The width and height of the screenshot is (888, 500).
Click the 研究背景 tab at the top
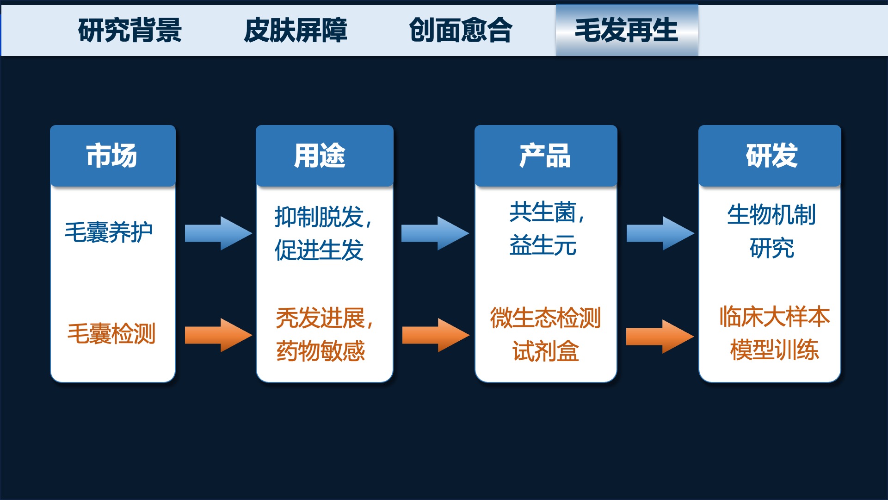click(130, 31)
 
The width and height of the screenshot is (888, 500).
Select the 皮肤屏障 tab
click(296, 31)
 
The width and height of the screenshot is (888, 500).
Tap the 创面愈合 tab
click(461, 31)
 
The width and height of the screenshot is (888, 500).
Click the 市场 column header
click(113, 156)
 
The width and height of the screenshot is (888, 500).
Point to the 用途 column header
click(325, 156)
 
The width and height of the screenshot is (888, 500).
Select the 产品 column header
click(546, 156)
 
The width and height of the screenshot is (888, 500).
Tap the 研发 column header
click(770, 156)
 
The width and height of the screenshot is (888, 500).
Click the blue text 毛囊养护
click(109, 232)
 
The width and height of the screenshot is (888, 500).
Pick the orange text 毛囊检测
click(111, 333)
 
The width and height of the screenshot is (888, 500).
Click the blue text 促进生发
click(319, 250)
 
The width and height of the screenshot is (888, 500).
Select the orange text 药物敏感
click(321, 351)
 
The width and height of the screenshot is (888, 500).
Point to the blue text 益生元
click(543, 245)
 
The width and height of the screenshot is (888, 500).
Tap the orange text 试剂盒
click(546, 351)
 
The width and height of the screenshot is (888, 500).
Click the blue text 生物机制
click(771, 215)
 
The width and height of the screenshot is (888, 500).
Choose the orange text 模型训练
click(775, 350)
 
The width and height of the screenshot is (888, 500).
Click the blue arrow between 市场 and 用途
click(218, 233)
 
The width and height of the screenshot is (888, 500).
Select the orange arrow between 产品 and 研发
click(660, 337)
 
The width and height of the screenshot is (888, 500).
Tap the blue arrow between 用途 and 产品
click(435, 233)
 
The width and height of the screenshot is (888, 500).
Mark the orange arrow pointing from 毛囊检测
click(218, 335)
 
